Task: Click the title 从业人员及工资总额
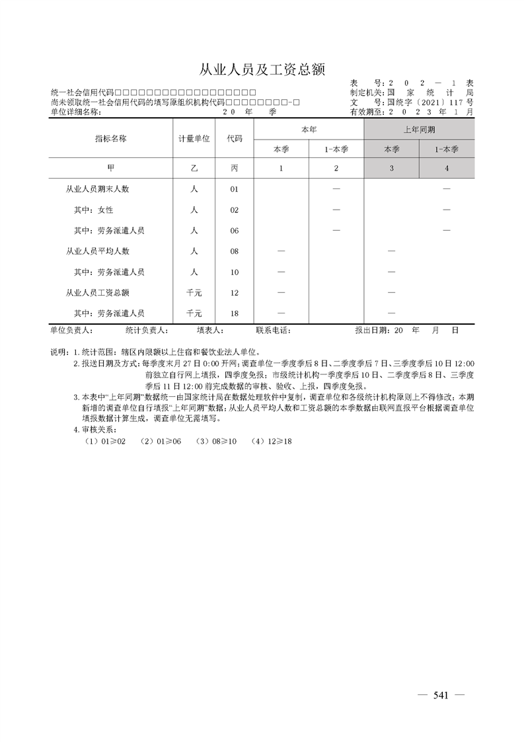262,69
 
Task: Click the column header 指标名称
110,139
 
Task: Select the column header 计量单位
194,139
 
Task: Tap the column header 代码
234,139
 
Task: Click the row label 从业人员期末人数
97,189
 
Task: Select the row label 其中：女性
93,210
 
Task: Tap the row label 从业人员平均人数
97,251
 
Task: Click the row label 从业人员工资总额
97,292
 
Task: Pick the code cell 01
234,190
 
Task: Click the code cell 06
234,231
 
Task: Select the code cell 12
234,292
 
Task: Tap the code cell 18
234,313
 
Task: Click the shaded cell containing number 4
447,169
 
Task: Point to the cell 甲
110,169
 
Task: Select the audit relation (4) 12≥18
272,440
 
